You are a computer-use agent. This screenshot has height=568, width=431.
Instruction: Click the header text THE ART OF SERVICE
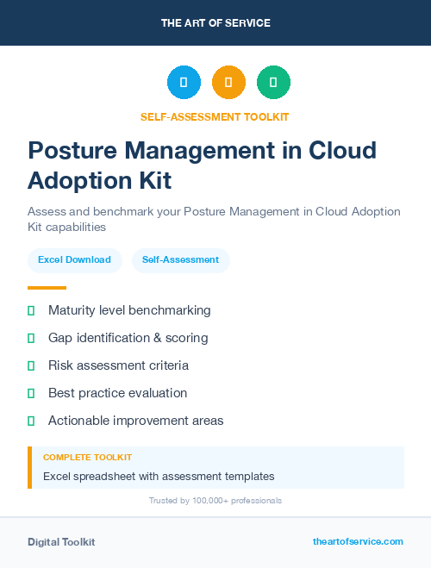(215, 23)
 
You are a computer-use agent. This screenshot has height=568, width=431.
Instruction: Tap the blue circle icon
(184, 82)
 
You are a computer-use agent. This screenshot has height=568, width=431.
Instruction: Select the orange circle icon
(228, 82)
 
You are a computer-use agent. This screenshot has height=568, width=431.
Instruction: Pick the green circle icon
(273, 82)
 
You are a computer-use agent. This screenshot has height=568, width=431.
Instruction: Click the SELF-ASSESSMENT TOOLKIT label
(215, 116)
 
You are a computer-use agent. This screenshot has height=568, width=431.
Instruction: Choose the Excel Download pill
(74, 259)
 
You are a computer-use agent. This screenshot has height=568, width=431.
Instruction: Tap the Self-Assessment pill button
(180, 259)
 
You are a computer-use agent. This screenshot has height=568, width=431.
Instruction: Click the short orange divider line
(47, 287)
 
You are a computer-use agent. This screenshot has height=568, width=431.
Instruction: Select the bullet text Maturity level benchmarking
(129, 310)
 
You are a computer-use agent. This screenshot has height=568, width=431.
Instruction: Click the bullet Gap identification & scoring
(128, 338)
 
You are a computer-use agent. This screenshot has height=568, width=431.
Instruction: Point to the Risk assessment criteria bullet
(118, 365)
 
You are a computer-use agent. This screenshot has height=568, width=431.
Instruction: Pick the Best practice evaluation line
(117, 393)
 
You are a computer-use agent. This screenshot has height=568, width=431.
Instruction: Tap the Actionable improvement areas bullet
(135, 421)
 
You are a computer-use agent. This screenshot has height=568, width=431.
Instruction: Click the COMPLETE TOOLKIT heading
(87, 457)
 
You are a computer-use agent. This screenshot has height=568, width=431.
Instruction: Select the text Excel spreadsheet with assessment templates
(159, 476)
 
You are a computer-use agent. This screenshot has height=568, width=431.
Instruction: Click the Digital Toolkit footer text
(61, 541)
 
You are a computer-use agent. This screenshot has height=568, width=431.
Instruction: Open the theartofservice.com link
(358, 541)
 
